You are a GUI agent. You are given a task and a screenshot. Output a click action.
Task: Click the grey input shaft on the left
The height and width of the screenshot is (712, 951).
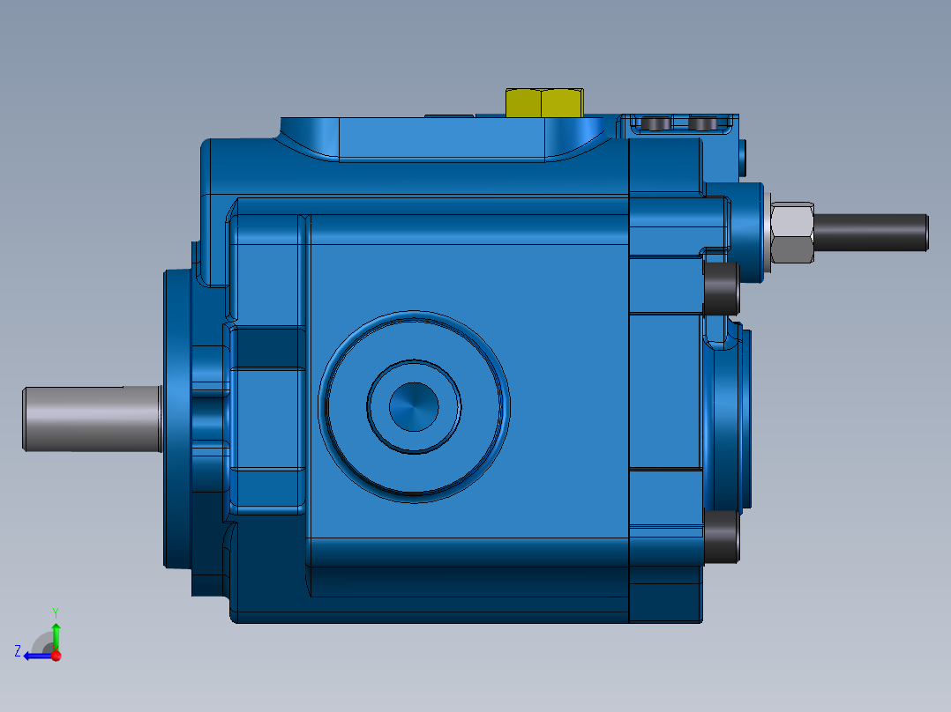(x=88, y=419)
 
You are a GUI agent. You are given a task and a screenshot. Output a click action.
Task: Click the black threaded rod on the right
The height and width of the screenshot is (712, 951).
(x=869, y=231)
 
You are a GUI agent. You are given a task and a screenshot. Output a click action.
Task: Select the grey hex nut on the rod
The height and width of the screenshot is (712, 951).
(x=792, y=234)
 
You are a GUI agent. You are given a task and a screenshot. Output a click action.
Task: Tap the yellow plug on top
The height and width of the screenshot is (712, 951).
(x=544, y=103)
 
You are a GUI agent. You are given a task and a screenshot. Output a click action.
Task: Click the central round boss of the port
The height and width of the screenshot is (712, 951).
(x=414, y=406)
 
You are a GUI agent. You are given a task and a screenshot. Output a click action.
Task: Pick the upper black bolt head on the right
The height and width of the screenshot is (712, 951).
(x=722, y=289)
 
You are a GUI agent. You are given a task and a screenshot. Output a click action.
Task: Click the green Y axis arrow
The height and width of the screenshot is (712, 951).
(x=56, y=633)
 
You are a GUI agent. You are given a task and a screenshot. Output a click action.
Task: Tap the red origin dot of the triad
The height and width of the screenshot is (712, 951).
(x=56, y=656)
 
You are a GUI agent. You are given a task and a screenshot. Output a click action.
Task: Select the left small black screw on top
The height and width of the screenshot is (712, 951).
(x=656, y=123)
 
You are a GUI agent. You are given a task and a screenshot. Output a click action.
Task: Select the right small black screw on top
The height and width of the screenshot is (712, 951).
(x=702, y=123)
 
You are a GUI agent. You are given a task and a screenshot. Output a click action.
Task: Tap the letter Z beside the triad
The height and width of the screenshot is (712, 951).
(x=18, y=650)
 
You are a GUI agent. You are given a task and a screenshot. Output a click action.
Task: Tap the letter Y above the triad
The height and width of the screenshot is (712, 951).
(x=56, y=612)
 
